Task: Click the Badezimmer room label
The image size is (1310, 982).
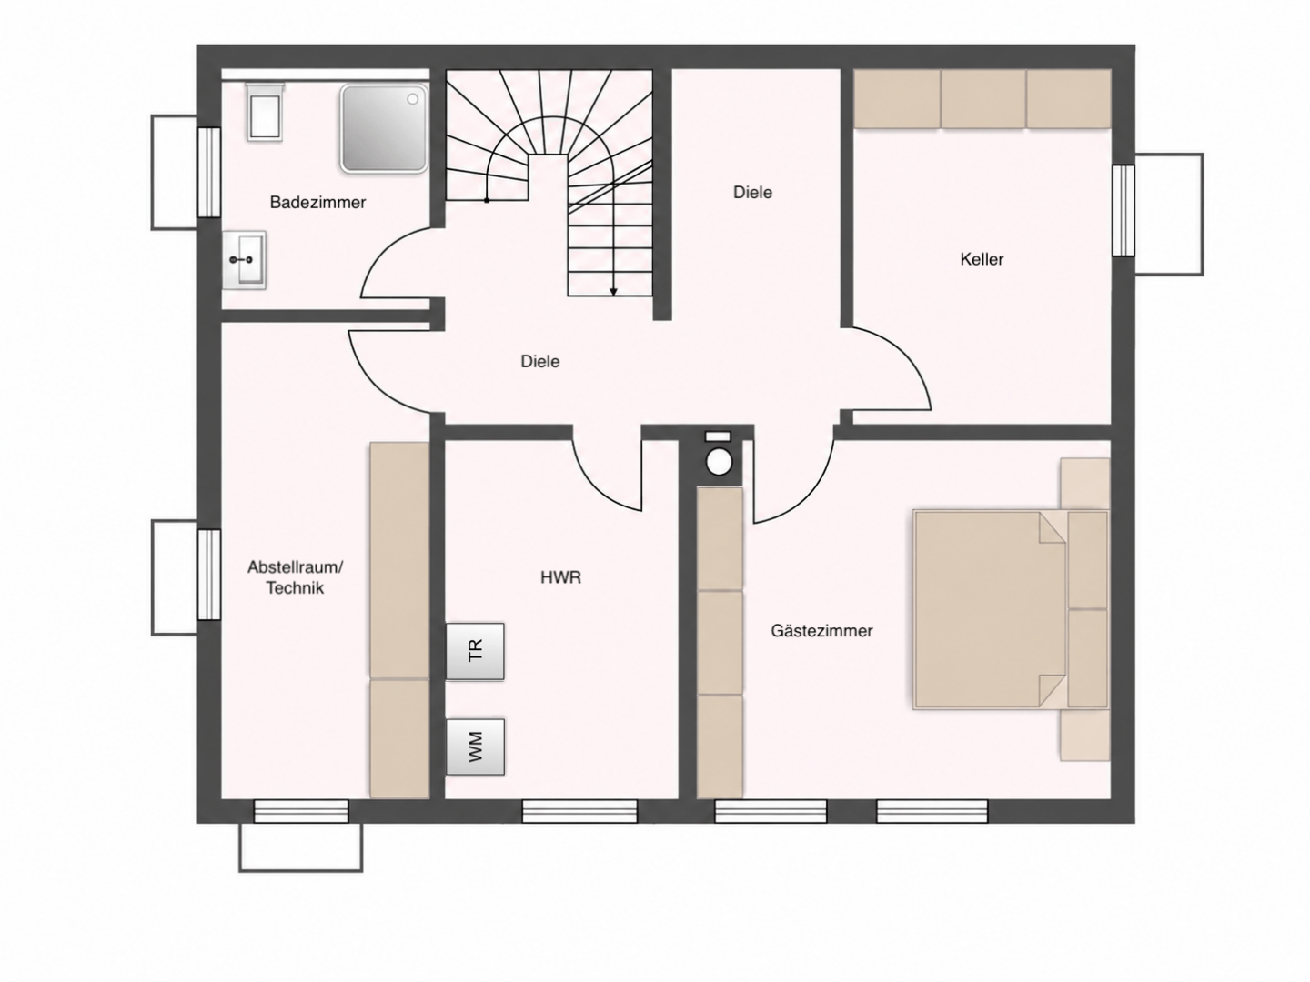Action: [317, 202]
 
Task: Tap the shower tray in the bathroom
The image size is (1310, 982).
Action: [384, 128]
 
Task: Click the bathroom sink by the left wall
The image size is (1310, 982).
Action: [244, 261]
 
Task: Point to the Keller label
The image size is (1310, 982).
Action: [982, 259]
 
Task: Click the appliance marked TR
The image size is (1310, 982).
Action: [475, 651]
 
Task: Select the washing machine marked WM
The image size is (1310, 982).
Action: [475, 747]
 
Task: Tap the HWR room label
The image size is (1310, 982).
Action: [560, 577]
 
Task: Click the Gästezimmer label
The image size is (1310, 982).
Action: [821, 630]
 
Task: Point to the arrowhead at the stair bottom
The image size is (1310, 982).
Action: [613, 292]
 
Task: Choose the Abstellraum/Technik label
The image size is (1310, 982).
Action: [295, 577]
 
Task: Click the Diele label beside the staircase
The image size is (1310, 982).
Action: [752, 192]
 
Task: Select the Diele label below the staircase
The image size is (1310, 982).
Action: [540, 361]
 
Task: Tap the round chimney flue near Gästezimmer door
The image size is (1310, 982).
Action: [719, 462]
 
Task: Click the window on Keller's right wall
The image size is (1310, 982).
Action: [1124, 210]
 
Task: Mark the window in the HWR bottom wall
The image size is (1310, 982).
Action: [579, 811]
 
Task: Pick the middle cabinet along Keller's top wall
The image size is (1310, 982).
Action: [982, 99]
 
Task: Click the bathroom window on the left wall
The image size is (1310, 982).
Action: [209, 173]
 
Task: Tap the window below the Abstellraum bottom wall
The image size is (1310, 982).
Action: [301, 811]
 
